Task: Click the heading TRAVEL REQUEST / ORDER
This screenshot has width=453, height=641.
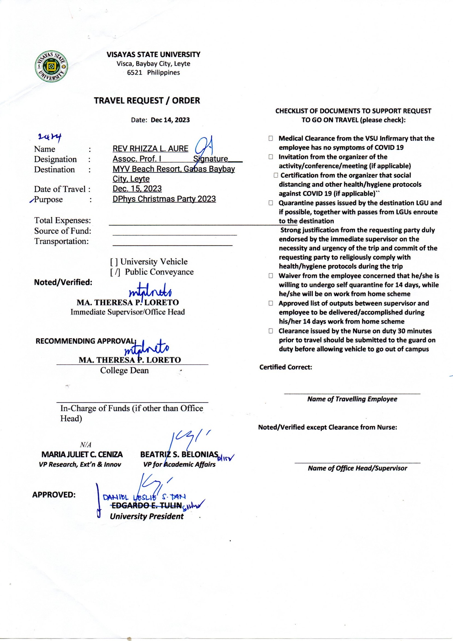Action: click(x=147, y=101)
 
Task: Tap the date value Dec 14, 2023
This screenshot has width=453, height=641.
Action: click(x=170, y=120)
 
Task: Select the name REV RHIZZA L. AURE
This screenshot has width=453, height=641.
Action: click(x=150, y=149)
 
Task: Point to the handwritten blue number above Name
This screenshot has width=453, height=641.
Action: click(x=50, y=137)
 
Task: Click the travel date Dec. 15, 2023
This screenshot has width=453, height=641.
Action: click(x=137, y=189)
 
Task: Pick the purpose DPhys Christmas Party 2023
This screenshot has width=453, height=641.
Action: click(x=164, y=199)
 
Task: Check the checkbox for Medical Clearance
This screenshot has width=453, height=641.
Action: click(x=271, y=138)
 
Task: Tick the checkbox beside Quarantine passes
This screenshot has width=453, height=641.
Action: click(x=271, y=203)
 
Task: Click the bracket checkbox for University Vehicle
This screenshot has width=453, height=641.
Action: click(x=114, y=262)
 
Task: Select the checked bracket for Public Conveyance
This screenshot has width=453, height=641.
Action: click(x=115, y=272)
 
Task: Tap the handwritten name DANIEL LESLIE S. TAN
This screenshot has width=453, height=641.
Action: click(x=144, y=497)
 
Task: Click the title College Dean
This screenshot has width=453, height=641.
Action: click(x=124, y=370)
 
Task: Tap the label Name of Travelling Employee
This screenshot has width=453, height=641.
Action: click(x=352, y=399)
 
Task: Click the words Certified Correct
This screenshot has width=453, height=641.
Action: click(x=286, y=367)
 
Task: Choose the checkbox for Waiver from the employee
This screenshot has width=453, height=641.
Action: click(x=271, y=276)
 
